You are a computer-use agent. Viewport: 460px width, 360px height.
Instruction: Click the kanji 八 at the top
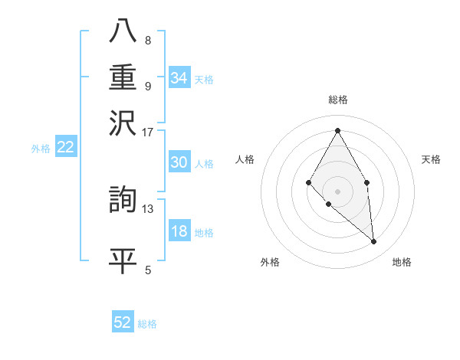pyautogui.click(x=123, y=31)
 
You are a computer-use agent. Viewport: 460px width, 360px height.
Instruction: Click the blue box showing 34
pyautogui.click(x=179, y=78)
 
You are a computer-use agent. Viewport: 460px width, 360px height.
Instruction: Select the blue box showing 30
pyautogui.click(x=179, y=162)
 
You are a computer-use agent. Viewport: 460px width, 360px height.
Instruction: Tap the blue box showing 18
pyautogui.click(x=179, y=232)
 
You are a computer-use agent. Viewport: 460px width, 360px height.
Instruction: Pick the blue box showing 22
pyautogui.click(x=66, y=148)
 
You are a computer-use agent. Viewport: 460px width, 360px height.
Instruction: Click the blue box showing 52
pyautogui.click(x=123, y=322)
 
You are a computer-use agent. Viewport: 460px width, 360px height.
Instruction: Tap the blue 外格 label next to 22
pyautogui.click(x=41, y=149)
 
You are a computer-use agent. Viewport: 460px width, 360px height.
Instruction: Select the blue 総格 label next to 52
pyautogui.click(x=147, y=324)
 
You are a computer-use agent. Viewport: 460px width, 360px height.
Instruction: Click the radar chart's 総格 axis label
pyautogui.click(x=337, y=100)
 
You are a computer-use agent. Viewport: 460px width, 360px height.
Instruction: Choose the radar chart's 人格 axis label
pyautogui.click(x=245, y=159)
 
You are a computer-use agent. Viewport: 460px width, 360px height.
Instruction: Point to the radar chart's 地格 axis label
pyautogui.click(x=402, y=262)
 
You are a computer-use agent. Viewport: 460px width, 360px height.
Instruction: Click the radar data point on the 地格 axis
pyautogui.click(x=373, y=241)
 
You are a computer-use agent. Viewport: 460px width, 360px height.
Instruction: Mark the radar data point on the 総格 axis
pyautogui.click(x=337, y=130)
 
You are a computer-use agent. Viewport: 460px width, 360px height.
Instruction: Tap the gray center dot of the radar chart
pyautogui.click(x=337, y=191)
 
